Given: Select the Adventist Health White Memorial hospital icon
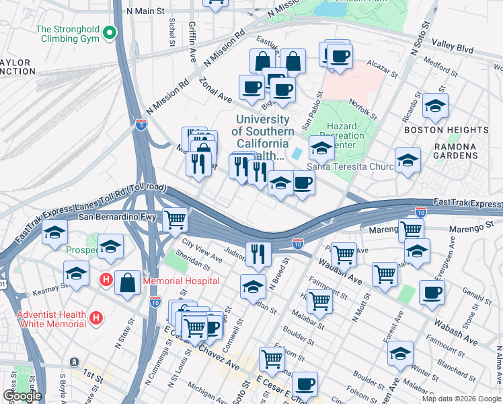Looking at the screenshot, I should pos(97,316).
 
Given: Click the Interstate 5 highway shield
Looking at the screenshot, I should pos(141,125).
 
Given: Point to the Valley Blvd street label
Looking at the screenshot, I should pos(452,45).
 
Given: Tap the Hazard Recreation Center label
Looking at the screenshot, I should pos(346,135).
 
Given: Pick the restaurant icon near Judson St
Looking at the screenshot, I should pos(258,253).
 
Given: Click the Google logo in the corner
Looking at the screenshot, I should pos(22,396).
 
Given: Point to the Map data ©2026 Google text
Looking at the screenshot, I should pos(461,399).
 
